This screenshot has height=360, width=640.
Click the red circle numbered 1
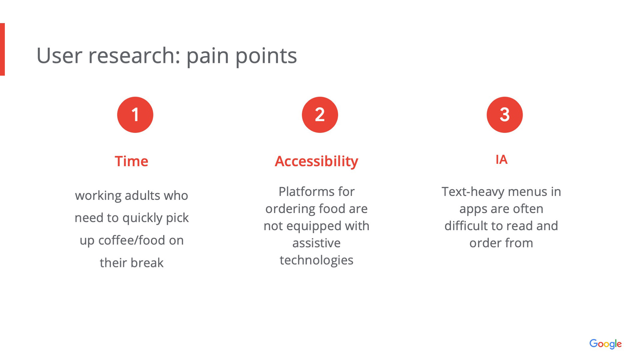135,115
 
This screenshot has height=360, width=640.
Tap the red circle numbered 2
320,115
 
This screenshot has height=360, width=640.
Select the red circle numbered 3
505,115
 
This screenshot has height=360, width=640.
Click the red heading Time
131,161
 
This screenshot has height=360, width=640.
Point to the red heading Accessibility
316,162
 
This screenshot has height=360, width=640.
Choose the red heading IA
501,160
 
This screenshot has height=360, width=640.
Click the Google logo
605,344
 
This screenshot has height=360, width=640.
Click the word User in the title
59,56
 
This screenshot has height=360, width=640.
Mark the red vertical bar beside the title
2,49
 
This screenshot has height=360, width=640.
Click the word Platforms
306,192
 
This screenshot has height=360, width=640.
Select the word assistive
316,243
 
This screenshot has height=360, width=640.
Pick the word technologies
316,260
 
